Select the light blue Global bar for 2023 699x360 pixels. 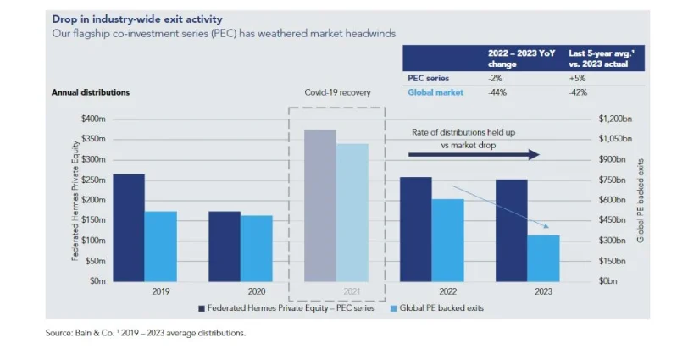543,258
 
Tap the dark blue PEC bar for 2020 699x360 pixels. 225,246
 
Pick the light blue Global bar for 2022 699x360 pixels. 447,241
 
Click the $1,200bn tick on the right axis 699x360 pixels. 613,119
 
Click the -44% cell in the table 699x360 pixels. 498,92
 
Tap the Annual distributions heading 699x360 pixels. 90,91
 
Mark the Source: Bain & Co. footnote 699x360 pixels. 145,333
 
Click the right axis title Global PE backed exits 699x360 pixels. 641,200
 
